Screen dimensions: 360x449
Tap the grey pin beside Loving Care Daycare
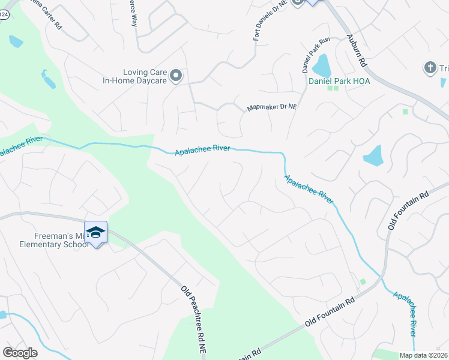coord(176,75)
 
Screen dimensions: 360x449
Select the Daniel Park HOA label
coord(339,80)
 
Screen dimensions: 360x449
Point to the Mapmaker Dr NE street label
coord(272,108)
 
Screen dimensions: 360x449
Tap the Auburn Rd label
coord(357,49)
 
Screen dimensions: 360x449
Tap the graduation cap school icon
coord(96,232)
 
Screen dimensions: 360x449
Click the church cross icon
coord(430,68)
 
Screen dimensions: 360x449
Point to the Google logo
coord(20,352)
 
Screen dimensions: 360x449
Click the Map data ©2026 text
coord(423,355)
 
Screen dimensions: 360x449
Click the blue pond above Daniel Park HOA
coord(321,64)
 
